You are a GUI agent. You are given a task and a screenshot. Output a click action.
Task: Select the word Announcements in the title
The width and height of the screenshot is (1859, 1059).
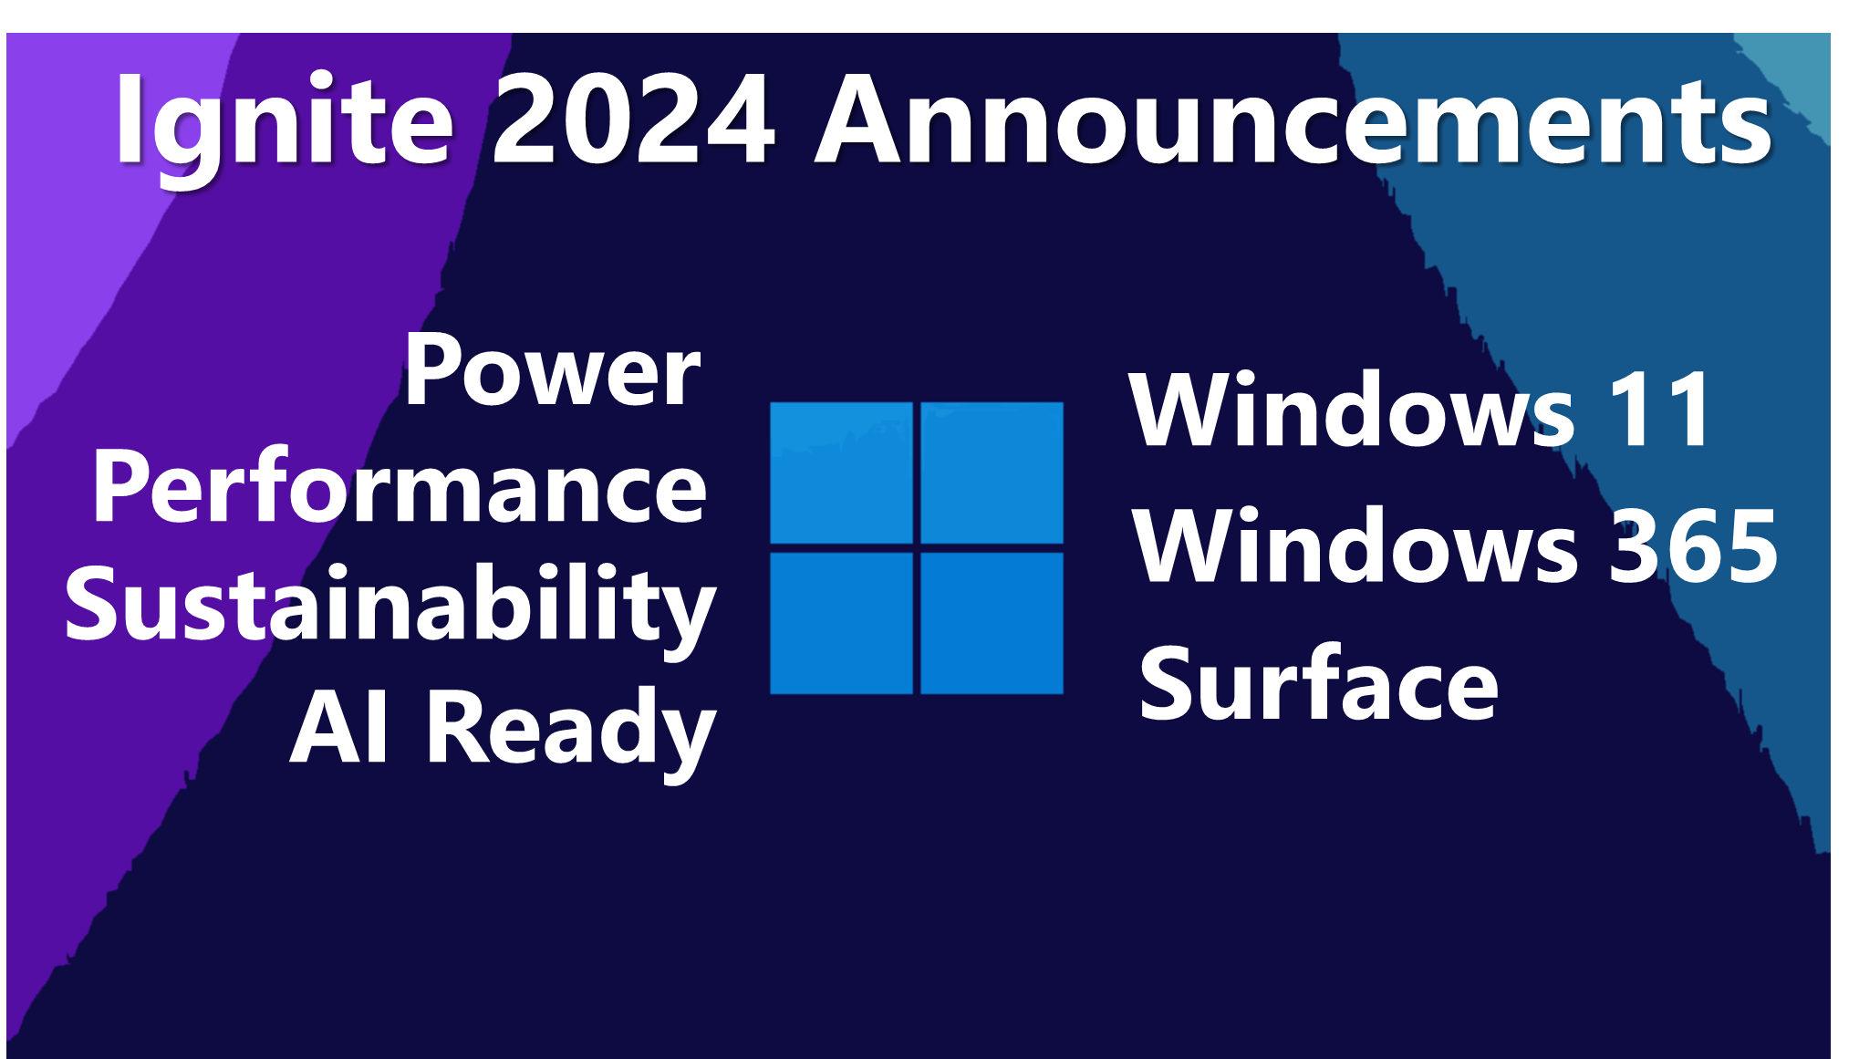pyautogui.click(x=1293, y=121)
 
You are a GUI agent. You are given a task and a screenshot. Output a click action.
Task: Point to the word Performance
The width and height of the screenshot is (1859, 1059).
pyautogui.click(x=400, y=488)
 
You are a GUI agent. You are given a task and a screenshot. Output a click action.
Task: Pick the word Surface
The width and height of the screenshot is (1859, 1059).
pyautogui.click(x=1318, y=684)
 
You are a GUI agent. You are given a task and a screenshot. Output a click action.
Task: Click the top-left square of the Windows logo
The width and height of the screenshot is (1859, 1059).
pyautogui.click(x=841, y=472)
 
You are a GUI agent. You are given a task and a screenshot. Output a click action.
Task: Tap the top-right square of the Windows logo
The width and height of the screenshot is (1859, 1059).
pyautogui.click(x=992, y=472)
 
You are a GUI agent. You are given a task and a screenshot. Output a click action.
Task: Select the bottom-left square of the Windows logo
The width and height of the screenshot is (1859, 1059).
pyautogui.click(x=841, y=623)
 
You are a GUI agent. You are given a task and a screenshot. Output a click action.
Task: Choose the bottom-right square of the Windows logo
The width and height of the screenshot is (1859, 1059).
pyautogui.click(x=992, y=623)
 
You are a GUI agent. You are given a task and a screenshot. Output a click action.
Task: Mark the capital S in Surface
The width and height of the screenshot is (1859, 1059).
pyautogui.click(x=1168, y=684)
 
